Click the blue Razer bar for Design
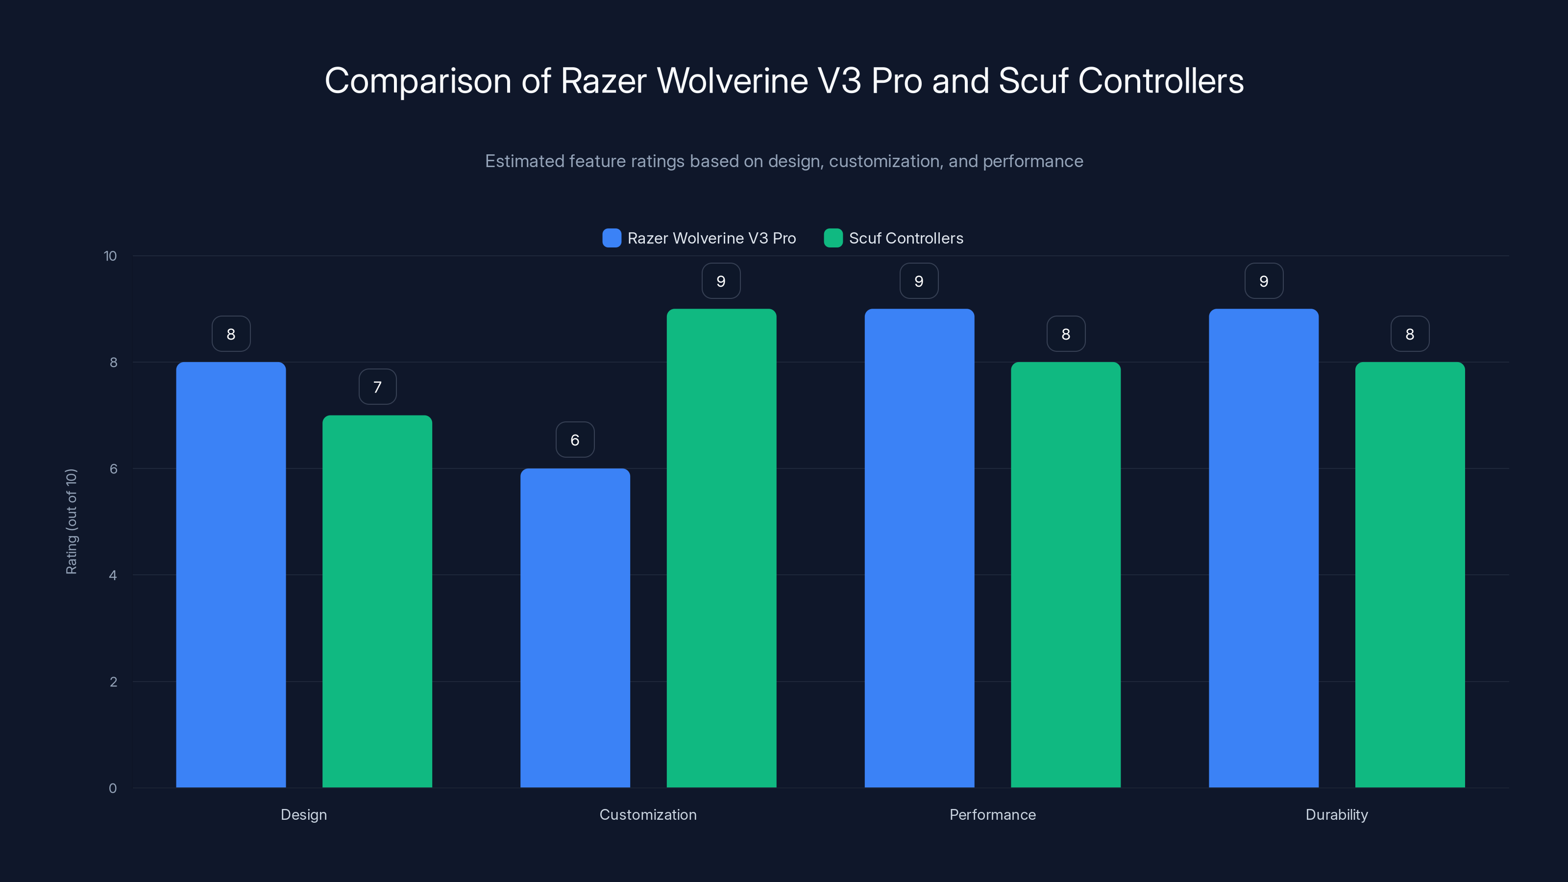click(231, 575)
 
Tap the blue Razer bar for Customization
click(575, 628)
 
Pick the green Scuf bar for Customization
click(721, 548)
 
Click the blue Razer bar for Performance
click(919, 548)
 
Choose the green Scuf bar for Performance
click(1065, 575)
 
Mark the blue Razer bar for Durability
click(1264, 548)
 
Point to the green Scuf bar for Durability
click(1410, 575)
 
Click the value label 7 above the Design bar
click(377, 387)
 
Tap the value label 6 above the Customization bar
click(575, 440)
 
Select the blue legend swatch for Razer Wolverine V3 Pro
click(612, 238)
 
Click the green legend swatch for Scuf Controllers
click(833, 238)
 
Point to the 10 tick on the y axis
click(110, 256)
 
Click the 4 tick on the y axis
click(113, 575)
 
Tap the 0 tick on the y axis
click(113, 788)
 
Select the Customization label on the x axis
click(648, 814)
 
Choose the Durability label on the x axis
click(1337, 814)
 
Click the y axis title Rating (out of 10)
click(71, 522)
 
